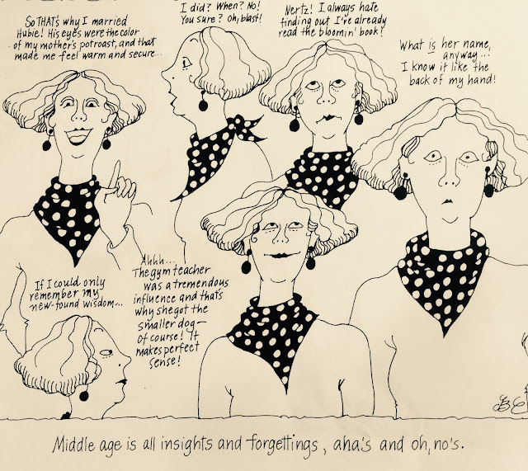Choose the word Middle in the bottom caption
click(x=73, y=445)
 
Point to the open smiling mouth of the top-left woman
click(x=78, y=135)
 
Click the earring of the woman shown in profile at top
click(x=203, y=103)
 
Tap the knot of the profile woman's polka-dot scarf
click(x=240, y=125)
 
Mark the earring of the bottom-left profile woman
click(x=83, y=394)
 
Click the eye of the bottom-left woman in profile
click(x=107, y=352)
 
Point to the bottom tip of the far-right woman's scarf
click(x=445, y=334)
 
